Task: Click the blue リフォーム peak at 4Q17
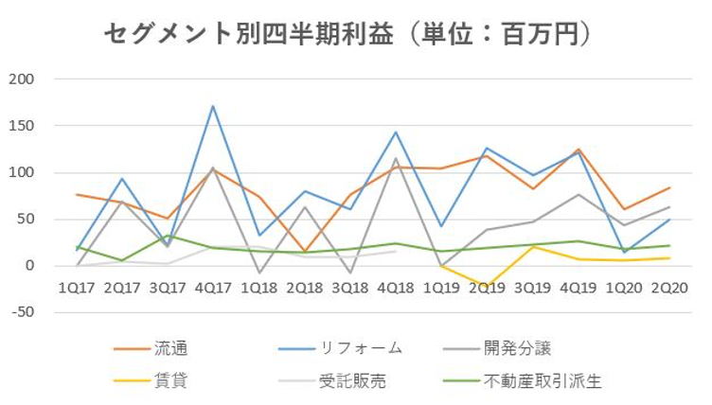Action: coord(213,106)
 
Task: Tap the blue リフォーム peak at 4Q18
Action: coord(395,132)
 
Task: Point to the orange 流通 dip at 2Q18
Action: coord(304,252)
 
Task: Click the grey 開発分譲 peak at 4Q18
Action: coord(395,158)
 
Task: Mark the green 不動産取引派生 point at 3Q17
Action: coord(168,236)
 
